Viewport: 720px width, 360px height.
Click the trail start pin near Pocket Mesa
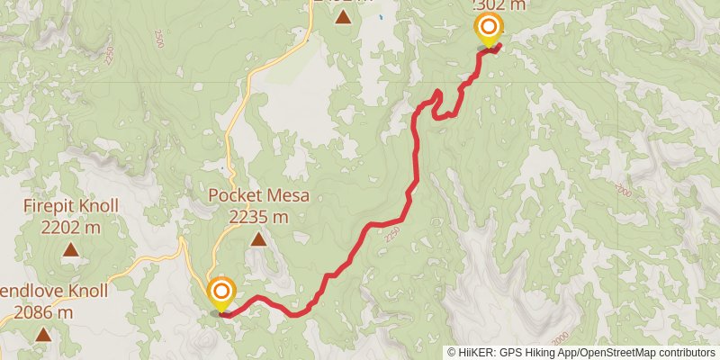pyautogui.click(x=221, y=294)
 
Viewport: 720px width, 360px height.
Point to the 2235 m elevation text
pyautogui.click(x=258, y=217)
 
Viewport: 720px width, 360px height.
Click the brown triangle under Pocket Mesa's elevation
pyautogui.click(x=258, y=239)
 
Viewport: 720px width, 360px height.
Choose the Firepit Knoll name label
pyautogui.click(x=71, y=207)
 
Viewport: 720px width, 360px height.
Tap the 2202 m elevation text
pyautogui.click(x=71, y=227)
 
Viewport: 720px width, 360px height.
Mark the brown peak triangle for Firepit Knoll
pyautogui.click(x=70, y=250)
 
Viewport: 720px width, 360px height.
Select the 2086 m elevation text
pyautogui.click(x=43, y=312)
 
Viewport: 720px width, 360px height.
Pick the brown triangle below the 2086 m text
pyautogui.click(x=42, y=336)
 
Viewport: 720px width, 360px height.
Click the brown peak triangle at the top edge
pyautogui.click(x=343, y=15)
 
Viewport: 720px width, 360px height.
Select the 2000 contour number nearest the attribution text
pyautogui.click(x=562, y=336)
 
